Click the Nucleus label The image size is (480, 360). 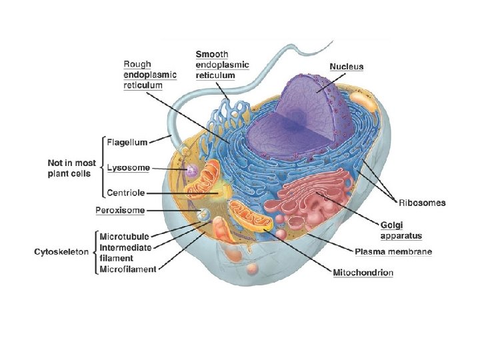[347, 66]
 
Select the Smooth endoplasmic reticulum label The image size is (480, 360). [222, 64]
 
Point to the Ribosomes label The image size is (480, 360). [423, 203]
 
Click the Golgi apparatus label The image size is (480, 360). [401, 231]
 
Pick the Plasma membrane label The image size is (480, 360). [393, 251]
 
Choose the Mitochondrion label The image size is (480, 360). [363, 272]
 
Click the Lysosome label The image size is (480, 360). [128, 167]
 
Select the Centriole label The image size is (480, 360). [127, 193]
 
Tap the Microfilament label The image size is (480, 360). [127, 269]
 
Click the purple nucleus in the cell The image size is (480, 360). [313, 107]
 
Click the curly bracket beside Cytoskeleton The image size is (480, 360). [94, 252]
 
